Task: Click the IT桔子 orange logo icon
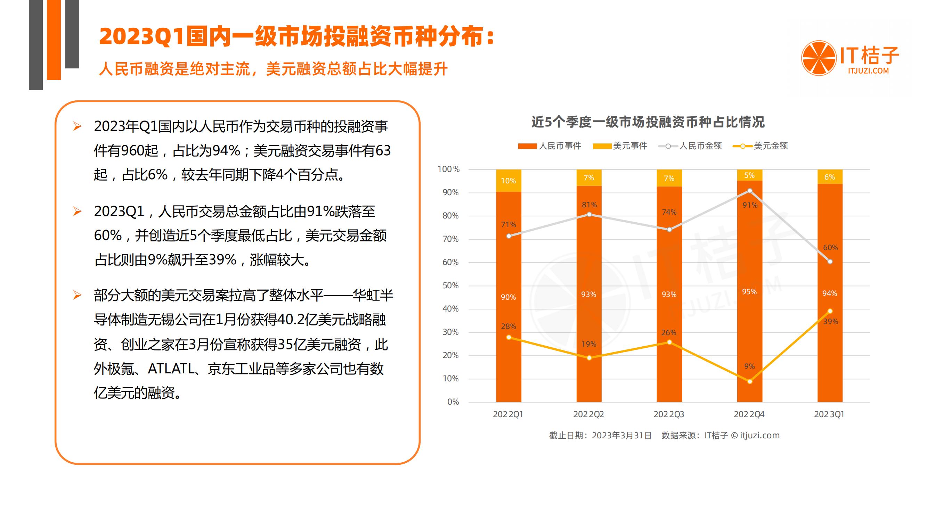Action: [x=819, y=58]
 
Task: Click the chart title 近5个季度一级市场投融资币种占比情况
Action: [x=648, y=122]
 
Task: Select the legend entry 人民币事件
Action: [x=550, y=146]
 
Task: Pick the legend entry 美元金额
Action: [x=761, y=146]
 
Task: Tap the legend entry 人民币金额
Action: [x=690, y=146]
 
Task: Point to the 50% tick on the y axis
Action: [x=450, y=286]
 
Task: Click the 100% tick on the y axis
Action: [x=448, y=169]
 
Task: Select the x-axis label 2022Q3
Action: [x=669, y=414]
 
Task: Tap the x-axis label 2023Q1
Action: [x=829, y=414]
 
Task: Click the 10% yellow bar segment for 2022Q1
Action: [x=509, y=181]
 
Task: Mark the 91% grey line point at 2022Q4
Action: [x=750, y=191]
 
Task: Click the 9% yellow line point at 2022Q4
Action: [x=750, y=381]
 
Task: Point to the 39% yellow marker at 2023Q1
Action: [x=830, y=311]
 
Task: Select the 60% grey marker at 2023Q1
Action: [x=830, y=262]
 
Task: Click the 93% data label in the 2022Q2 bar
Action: [x=589, y=295]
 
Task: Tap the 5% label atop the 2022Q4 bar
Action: [x=750, y=175]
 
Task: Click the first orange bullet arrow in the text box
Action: [x=77, y=126]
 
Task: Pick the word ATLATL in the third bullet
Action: [x=171, y=369]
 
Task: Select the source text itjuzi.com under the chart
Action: [x=760, y=436]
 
